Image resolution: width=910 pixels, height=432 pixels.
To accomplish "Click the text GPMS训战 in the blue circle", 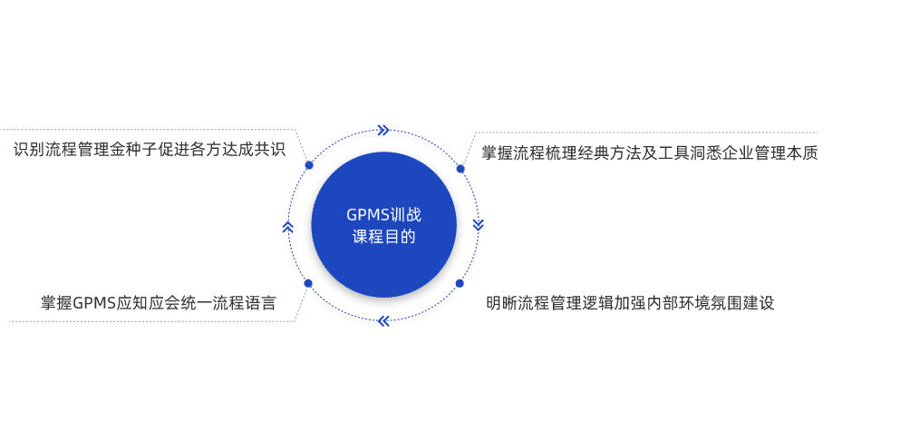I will coord(383,215).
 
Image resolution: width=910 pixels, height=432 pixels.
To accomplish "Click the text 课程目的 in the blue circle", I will coord(383,237).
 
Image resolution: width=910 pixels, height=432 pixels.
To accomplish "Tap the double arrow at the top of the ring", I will coord(383,130).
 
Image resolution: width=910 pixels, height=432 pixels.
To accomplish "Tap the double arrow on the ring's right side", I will coord(478,224).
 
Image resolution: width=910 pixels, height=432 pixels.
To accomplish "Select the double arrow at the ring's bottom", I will coord(383,320).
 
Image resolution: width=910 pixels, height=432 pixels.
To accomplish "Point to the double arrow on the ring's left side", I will coord(287,226).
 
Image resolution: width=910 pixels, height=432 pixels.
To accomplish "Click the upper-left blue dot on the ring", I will coord(309,165).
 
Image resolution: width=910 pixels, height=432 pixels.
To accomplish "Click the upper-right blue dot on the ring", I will coord(460,169).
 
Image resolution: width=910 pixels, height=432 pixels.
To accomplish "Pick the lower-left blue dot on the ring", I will coord(308,283).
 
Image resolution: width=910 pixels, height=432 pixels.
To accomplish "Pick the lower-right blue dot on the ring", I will coord(460,283).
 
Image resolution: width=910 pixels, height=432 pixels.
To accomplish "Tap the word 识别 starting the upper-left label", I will coord(30,150).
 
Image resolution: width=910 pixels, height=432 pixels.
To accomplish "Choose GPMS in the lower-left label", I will coord(93,303).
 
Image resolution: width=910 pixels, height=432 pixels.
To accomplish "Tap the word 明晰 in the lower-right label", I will coord(503,303).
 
